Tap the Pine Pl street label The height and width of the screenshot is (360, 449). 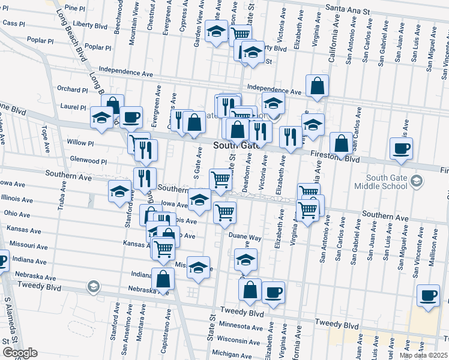click(x=75, y=8)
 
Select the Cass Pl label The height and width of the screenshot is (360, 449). click(x=13, y=23)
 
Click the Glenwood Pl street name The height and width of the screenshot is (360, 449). click(x=88, y=161)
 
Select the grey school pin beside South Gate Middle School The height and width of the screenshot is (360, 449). click(x=415, y=180)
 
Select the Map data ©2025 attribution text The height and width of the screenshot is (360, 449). click(x=423, y=355)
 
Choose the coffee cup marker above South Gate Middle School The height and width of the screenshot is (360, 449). click(x=401, y=148)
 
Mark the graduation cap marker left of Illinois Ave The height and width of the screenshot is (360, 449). click(x=120, y=191)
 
